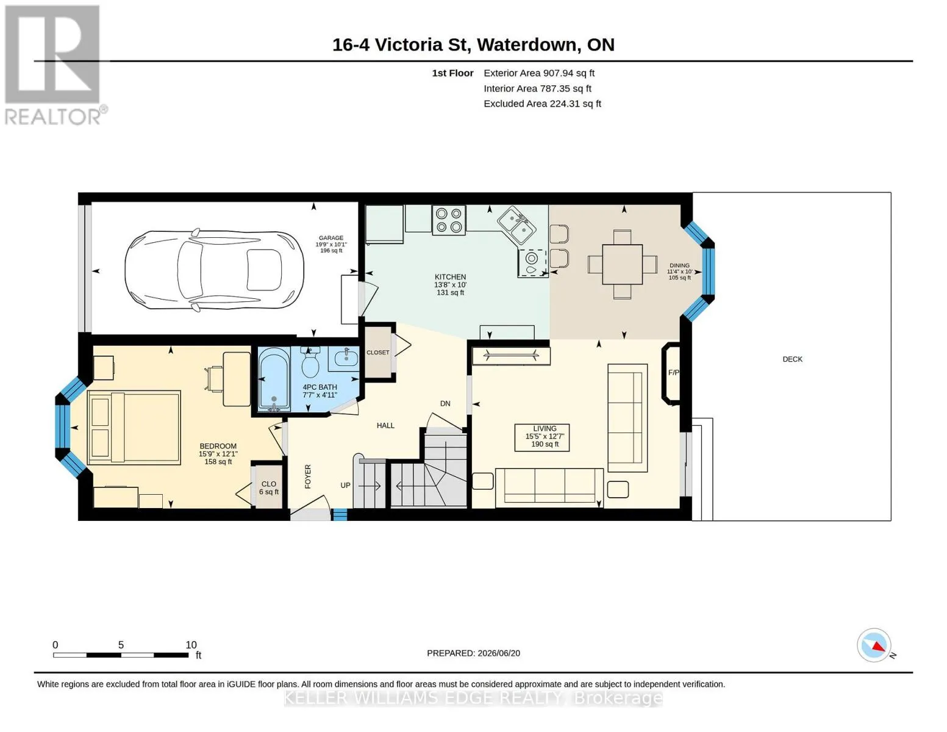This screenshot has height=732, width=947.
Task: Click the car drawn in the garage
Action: point(214,270)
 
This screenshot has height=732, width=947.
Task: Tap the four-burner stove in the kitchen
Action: point(448,220)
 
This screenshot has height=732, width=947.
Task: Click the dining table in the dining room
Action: point(622,264)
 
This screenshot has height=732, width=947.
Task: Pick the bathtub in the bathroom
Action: point(274,379)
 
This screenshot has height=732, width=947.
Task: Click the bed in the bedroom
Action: point(134,427)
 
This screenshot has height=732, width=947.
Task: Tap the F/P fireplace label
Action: point(673,372)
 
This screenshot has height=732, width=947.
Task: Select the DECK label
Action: point(792,359)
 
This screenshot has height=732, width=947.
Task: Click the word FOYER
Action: point(308,476)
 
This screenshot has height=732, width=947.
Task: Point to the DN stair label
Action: point(445,403)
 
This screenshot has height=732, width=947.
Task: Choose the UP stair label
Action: point(345,485)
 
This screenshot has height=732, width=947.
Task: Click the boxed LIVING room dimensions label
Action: point(541,437)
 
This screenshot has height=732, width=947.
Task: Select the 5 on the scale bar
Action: point(121,645)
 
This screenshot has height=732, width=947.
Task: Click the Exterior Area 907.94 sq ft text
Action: point(538,73)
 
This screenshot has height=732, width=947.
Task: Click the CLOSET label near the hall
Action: point(377,352)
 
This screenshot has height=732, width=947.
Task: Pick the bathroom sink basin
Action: point(346,358)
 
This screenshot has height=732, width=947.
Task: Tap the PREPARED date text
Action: point(473,653)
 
